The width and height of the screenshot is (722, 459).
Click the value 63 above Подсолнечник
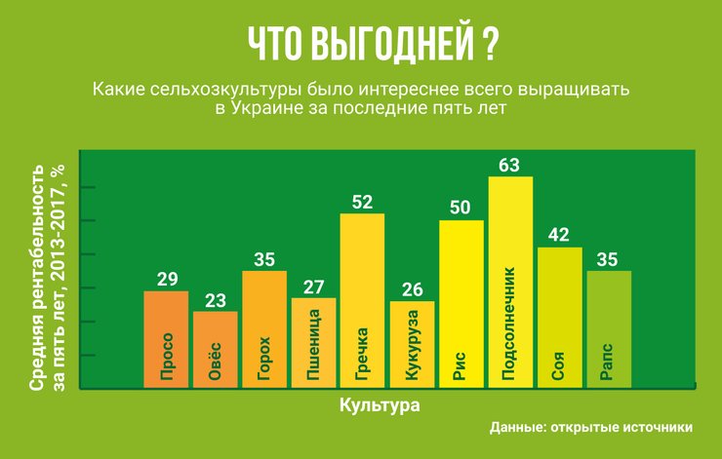(x=509, y=166)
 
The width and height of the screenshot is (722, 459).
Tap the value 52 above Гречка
(x=362, y=203)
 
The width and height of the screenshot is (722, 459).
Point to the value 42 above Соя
(x=560, y=237)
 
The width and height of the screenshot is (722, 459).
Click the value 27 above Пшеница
(x=313, y=287)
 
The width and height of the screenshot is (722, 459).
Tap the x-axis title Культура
(x=381, y=403)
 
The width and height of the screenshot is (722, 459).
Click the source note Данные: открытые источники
(x=591, y=427)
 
